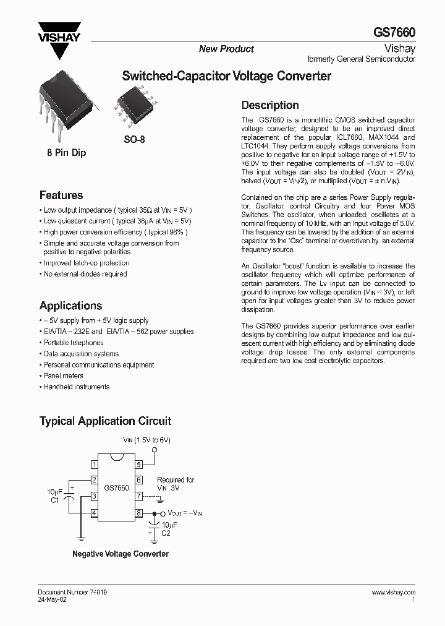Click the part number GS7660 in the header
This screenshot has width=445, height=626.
tap(394, 32)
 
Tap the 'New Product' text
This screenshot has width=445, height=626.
tap(226, 49)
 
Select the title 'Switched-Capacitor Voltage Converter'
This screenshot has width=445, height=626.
tap(227, 76)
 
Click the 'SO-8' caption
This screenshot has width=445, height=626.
tap(133, 140)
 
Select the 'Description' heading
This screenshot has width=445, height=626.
tap(269, 105)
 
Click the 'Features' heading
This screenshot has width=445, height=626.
tap(61, 195)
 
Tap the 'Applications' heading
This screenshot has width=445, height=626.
tap(70, 306)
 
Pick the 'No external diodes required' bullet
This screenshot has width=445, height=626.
tap(85, 274)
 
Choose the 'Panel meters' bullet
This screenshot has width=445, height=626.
tap(63, 375)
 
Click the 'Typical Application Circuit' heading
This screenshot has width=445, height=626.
tap(105, 421)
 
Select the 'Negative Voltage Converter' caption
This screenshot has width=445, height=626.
tap(121, 554)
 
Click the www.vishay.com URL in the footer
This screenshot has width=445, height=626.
tap(393, 593)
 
